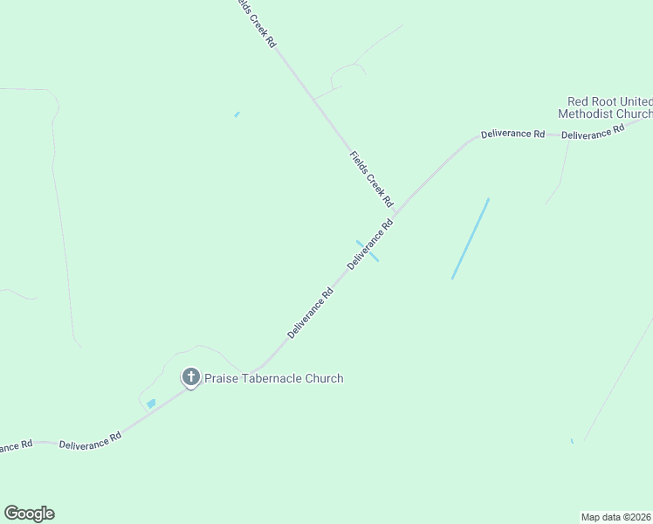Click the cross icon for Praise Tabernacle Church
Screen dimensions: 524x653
(191, 378)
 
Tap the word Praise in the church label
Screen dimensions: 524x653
(221, 379)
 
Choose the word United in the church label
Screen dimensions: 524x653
(638, 102)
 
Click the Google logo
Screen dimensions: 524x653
(29, 514)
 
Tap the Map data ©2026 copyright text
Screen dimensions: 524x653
(616, 516)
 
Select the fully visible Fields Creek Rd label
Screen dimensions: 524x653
(372, 179)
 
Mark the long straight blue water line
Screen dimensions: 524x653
(470, 239)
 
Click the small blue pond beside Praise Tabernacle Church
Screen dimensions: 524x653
(151, 403)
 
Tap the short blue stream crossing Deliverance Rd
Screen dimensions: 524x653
(367, 251)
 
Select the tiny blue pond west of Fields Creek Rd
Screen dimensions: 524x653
(237, 114)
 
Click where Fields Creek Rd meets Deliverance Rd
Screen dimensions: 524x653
(397, 211)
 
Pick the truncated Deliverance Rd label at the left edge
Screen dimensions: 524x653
(15, 445)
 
